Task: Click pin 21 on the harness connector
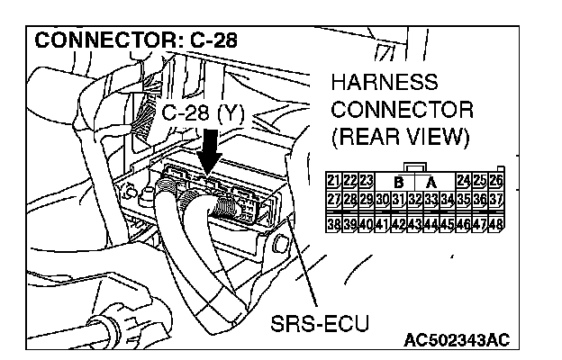(332, 182)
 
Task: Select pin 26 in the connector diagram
(495, 182)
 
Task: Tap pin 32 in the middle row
(414, 199)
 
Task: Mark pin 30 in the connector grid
(382, 199)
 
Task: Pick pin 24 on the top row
(463, 182)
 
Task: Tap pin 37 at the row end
(495, 199)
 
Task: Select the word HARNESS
(385, 84)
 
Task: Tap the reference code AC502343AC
(458, 340)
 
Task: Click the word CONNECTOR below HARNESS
(402, 111)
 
